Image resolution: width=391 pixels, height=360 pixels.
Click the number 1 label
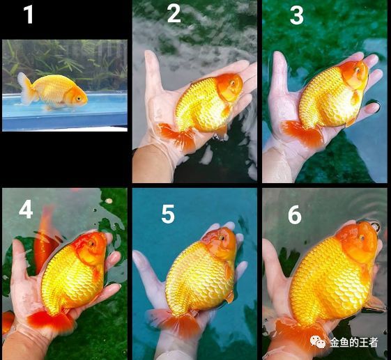28,14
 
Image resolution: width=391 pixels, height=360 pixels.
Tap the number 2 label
174,14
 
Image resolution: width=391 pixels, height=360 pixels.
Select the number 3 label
297,15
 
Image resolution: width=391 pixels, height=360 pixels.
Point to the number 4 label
26,209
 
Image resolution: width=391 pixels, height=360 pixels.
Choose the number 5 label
168,214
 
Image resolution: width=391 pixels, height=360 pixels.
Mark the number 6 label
295,214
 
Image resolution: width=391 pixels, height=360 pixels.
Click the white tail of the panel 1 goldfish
27,89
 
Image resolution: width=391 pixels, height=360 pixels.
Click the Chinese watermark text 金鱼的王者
354,342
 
